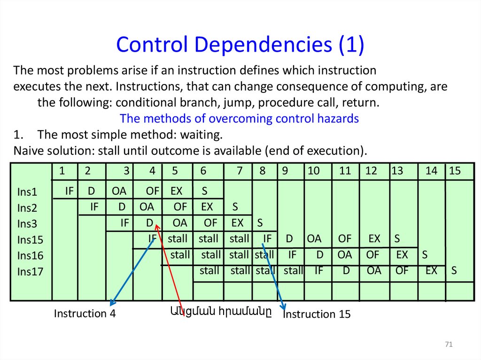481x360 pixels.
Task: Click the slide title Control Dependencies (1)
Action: [240, 45]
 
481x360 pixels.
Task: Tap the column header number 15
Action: [455, 171]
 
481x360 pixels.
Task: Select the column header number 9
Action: [285, 171]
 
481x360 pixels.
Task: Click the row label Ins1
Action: [27, 192]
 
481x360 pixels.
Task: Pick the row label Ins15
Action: [30, 240]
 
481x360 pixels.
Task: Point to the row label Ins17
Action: [30, 271]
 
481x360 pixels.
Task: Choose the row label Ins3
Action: [27, 223]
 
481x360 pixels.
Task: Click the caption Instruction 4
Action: [85, 314]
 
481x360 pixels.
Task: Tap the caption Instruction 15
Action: [317, 314]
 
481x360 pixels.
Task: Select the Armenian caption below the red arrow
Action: [220, 310]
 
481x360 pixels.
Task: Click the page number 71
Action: [448, 345]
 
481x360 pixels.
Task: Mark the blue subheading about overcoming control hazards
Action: [239, 119]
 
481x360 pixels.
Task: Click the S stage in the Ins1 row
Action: [204, 191]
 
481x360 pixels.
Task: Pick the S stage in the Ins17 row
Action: [454, 271]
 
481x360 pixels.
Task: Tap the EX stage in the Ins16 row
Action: [402, 255]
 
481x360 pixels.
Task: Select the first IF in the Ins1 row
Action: [70, 191]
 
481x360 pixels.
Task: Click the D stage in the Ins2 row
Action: [122, 207]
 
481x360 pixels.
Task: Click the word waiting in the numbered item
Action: [201, 135]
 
